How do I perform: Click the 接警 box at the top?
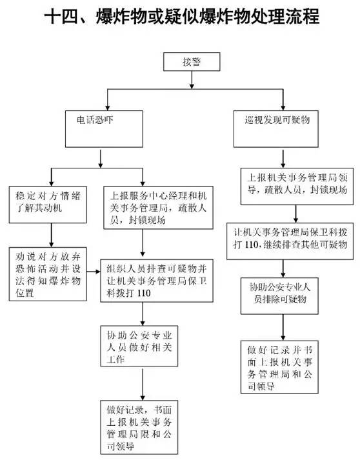point(192,61)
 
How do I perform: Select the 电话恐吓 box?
point(104,129)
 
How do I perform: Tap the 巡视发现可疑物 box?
point(275,129)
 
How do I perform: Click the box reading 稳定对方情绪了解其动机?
point(48,205)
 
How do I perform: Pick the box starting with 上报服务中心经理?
point(159,207)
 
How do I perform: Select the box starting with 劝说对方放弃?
point(48,274)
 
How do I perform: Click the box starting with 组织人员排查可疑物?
point(157,281)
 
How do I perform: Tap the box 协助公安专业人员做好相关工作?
point(139,346)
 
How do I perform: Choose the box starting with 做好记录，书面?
point(139,427)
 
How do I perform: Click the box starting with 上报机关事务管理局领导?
point(297,186)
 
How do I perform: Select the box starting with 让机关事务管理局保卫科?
point(290,241)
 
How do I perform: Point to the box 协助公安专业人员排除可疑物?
point(279,296)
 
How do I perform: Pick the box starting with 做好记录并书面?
point(279,366)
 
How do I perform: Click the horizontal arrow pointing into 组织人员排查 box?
point(94,272)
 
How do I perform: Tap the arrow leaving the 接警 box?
point(192,80)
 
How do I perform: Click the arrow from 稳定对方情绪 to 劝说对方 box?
point(52,235)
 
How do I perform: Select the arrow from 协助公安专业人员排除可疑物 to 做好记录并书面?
point(283,327)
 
